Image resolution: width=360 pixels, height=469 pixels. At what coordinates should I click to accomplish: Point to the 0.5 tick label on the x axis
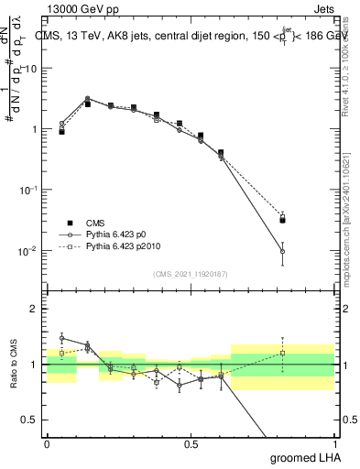191,444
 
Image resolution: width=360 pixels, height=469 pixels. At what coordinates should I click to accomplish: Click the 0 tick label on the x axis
47,444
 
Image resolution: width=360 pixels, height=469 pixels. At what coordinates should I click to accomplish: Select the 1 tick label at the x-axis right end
333,444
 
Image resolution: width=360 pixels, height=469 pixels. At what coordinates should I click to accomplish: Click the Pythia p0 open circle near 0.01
283,251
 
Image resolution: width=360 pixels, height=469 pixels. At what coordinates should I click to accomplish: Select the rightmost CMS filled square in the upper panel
283,220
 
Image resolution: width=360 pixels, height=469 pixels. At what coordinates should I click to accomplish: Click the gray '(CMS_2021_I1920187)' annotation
190,273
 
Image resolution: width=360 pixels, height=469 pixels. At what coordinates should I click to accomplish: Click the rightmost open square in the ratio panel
283,353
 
